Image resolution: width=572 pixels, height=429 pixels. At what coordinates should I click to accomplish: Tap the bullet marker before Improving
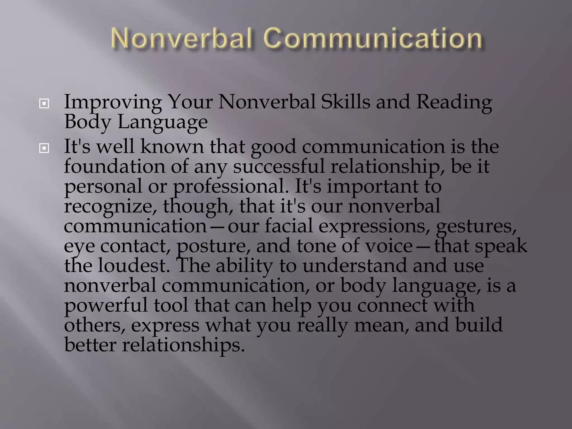click(44, 104)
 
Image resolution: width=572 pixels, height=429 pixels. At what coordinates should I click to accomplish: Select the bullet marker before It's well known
click(44, 148)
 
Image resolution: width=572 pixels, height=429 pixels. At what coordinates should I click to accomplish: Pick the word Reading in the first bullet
click(454, 102)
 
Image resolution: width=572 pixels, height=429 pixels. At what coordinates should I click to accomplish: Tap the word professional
click(231, 187)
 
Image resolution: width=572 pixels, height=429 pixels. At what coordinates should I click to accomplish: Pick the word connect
click(392, 305)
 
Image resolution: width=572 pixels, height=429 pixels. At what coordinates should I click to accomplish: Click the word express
click(165, 326)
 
